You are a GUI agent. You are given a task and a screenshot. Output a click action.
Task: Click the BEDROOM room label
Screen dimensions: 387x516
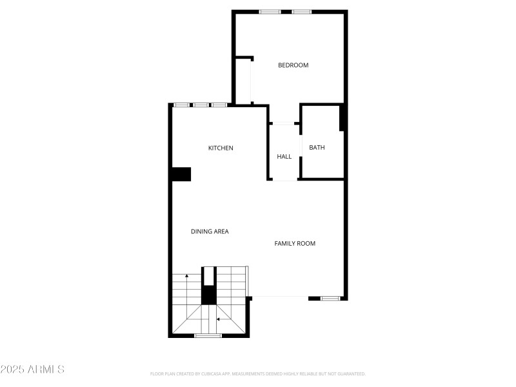click(x=293, y=65)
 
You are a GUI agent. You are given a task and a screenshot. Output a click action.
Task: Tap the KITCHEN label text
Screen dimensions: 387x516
click(x=220, y=148)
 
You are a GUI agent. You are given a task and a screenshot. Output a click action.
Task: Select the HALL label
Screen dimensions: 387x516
click(x=284, y=157)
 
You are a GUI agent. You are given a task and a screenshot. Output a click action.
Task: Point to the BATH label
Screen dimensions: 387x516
click(x=317, y=148)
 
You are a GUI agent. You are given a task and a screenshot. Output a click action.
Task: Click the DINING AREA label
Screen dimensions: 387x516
click(x=210, y=232)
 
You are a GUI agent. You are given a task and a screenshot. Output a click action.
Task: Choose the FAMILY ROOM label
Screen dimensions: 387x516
click(x=295, y=243)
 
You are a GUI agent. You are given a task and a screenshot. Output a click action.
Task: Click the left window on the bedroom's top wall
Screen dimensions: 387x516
click(x=269, y=12)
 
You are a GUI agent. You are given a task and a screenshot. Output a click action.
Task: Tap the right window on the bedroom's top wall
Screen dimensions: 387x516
click(x=301, y=12)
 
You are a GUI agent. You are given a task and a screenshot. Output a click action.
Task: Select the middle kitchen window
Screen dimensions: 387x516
click(x=201, y=104)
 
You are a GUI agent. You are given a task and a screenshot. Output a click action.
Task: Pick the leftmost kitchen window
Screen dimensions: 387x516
click(x=181, y=104)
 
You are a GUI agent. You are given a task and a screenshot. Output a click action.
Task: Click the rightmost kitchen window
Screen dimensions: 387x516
click(x=219, y=104)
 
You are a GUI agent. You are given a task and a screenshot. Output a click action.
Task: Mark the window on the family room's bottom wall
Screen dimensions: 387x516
click(x=330, y=298)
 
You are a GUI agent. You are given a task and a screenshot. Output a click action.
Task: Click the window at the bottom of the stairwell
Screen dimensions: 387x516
click(x=208, y=335)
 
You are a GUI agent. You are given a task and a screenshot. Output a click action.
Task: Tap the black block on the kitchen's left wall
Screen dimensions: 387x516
click(x=181, y=174)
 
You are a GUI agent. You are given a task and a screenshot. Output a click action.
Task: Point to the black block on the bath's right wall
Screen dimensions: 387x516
click(x=343, y=118)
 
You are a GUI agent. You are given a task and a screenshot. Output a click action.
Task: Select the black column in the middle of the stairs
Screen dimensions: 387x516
click(x=209, y=291)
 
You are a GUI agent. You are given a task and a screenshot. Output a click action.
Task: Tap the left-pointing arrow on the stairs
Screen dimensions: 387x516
click(x=219, y=319)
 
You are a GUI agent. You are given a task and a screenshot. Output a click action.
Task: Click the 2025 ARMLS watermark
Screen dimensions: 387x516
click(x=32, y=370)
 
